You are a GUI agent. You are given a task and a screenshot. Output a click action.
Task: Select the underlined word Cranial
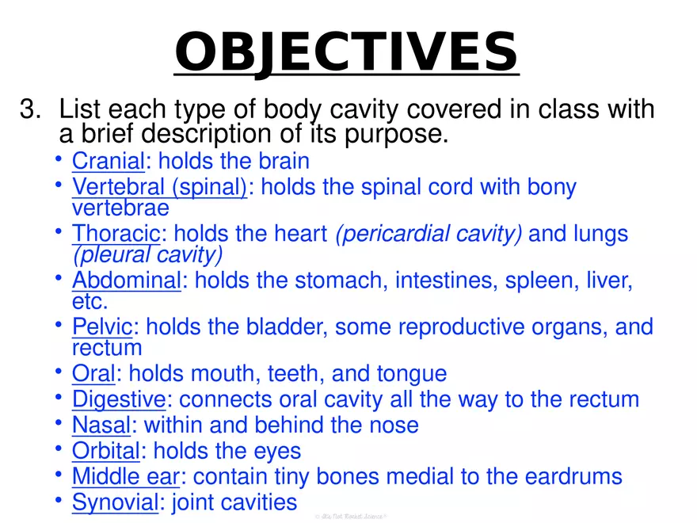click(x=108, y=161)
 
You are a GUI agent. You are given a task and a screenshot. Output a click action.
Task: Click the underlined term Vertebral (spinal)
click(x=159, y=187)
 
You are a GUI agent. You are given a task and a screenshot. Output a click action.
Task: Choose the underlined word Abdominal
click(x=126, y=281)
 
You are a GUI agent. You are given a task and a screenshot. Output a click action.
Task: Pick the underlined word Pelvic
click(x=101, y=326)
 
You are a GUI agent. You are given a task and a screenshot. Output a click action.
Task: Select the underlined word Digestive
click(x=119, y=399)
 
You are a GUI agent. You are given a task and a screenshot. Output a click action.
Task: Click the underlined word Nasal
click(x=101, y=426)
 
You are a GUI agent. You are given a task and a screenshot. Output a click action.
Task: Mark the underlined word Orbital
click(x=106, y=452)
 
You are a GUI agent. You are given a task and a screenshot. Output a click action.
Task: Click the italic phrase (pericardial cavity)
click(x=428, y=234)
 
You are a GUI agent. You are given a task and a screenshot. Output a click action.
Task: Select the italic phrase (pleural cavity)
click(x=147, y=254)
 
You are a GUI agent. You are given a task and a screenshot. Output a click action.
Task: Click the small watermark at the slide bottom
click(x=348, y=517)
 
